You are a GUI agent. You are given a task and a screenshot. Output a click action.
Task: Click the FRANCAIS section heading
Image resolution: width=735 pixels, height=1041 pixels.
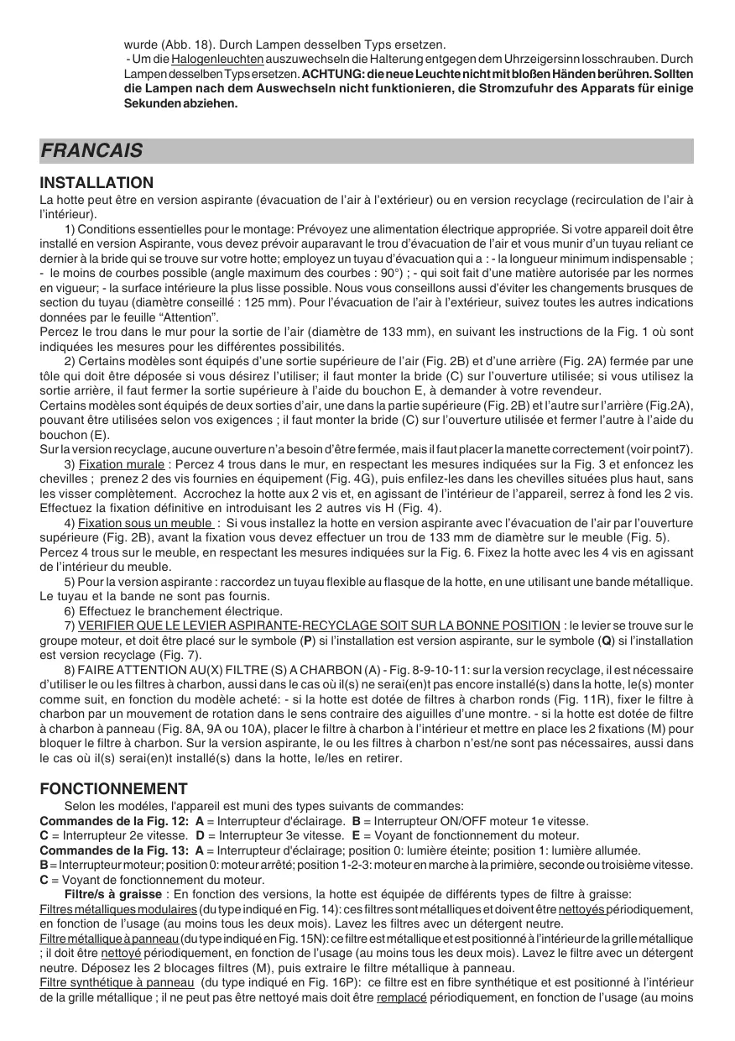(91, 151)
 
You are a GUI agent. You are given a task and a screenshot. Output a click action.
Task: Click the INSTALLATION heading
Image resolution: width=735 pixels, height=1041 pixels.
(97, 182)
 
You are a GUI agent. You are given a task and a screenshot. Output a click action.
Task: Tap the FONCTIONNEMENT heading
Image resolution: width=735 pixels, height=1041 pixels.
(113, 788)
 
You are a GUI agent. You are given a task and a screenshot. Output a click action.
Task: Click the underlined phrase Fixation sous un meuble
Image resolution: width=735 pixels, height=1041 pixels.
(145, 523)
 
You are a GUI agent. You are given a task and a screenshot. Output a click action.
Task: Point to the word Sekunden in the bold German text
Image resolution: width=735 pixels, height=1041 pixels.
(147, 105)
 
